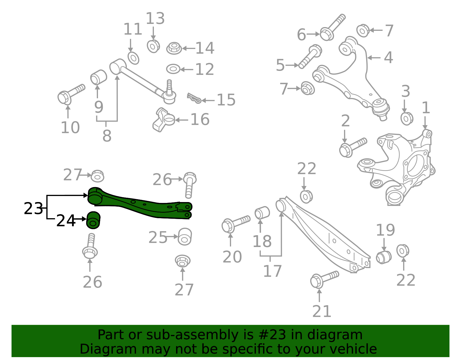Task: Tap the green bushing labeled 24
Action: tap(93, 220)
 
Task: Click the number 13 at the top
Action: tap(155, 19)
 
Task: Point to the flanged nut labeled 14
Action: tap(174, 48)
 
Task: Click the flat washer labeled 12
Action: tap(173, 69)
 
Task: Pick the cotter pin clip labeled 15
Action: tap(194, 98)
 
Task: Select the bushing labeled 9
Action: tap(98, 77)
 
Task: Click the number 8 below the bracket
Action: tap(107, 136)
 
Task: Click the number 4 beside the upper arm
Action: tap(388, 58)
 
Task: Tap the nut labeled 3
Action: tap(407, 118)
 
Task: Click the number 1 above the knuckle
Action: tap(426, 108)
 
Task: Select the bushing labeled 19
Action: tap(384, 257)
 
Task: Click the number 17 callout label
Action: tap(272, 271)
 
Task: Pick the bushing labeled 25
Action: tap(185, 237)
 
